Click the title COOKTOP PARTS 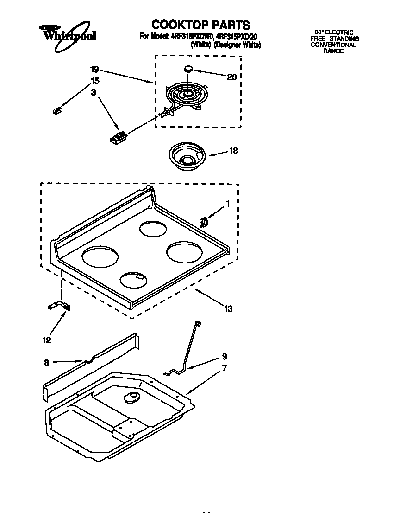tap(200, 25)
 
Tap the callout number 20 tap(231, 77)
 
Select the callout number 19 tap(94, 70)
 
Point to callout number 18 tap(234, 151)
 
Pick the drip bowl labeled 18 tap(186, 155)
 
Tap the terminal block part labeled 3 tap(119, 137)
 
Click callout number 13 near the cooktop tap(228, 308)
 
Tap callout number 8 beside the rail tap(47, 363)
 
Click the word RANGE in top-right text tap(333, 51)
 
